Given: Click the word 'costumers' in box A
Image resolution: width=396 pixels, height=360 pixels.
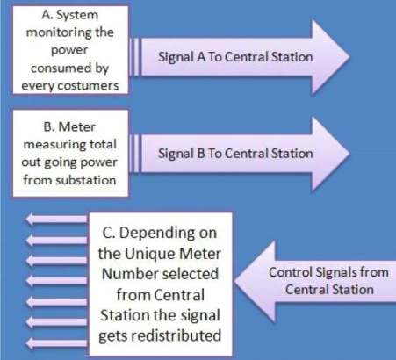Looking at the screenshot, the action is (x=88, y=86).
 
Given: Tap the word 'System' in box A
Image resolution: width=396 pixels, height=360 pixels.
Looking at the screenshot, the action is (x=77, y=15).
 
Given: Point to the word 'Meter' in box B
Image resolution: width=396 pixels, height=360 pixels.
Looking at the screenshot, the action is (x=77, y=126).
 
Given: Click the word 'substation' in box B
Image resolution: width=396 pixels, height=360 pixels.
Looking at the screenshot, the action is (x=86, y=180).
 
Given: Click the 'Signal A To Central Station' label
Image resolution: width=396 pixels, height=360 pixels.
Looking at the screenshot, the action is (x=235, y=57).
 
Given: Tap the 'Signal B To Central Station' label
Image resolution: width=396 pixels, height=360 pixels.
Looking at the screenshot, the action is (x=235, y=154).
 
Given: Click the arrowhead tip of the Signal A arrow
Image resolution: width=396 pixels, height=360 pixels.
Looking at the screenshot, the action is (x=350, y=57).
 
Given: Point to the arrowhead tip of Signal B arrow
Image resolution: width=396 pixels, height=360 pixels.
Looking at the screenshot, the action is (x=350, y=154).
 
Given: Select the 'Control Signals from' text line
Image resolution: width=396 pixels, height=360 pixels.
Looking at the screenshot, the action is (x=328, y=272).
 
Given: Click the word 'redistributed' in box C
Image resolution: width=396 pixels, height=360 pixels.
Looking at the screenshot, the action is (x=176, y=335).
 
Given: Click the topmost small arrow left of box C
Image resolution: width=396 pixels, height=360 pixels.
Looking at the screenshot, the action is (x=56, y=219).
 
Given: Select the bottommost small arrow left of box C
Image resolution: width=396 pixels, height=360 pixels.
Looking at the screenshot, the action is (x=56, y=343).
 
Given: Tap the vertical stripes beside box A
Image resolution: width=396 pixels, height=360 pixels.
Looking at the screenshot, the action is (x=135, y=57).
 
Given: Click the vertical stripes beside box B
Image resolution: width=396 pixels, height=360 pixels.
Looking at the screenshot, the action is (x=135, y=154).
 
